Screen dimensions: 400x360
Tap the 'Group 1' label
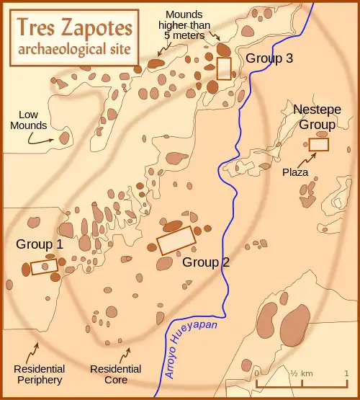[40, 245]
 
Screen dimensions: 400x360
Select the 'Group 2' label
[206, 262]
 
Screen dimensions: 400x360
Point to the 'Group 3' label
[269, 59]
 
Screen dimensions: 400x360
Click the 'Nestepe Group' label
[317, 117]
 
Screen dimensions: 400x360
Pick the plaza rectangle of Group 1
[45, 267]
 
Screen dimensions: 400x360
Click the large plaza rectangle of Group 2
[176, 240]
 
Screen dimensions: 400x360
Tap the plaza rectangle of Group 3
[224, 68]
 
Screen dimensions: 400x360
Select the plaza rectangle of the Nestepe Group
[319, 144]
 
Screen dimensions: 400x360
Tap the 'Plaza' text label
[295, 172]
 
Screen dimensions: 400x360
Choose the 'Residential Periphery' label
[37, 374]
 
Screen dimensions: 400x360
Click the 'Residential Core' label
[109, 374]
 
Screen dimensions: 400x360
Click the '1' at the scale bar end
[346, 373]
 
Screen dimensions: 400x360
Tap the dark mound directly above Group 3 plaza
[224, 50]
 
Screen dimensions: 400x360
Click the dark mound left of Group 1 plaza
[26, 269]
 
